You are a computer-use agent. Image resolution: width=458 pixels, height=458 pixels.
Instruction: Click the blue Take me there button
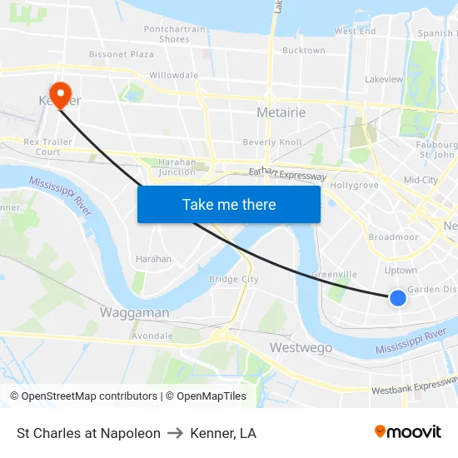[229, 204]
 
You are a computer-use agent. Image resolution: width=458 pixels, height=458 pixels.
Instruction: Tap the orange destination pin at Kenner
[61, 93]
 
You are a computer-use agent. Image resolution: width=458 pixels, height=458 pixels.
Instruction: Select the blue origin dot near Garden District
[398, 297]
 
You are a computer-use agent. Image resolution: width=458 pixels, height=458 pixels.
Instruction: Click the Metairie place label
[281, 112]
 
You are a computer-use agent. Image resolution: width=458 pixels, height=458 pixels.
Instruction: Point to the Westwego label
[301, 347]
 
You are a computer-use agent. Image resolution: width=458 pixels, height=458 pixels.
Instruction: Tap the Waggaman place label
[134, 312]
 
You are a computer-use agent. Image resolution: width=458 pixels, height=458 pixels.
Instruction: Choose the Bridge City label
[233, 280]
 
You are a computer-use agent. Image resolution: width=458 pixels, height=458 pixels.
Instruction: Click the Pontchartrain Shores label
[175, 34]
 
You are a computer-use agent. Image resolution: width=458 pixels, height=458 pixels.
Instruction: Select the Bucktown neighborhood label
[304, 51]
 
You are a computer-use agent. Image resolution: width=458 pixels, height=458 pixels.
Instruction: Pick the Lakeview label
[384, 80]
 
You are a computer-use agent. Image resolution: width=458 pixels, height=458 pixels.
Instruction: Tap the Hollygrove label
[354, 185]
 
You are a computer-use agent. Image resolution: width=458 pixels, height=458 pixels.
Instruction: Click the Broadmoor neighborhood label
[393, 237]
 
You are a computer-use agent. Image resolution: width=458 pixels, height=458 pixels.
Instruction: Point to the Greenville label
[334, 275]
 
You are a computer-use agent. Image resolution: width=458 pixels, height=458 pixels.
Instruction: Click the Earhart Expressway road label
[287, 174]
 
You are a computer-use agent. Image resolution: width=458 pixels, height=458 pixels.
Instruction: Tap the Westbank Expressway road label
[414, 386]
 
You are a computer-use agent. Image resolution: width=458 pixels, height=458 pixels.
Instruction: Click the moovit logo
[407, 432]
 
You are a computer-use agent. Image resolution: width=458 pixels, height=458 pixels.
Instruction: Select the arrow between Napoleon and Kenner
[175, 433]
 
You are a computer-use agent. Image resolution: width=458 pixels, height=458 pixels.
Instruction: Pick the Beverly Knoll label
[272, 142]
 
